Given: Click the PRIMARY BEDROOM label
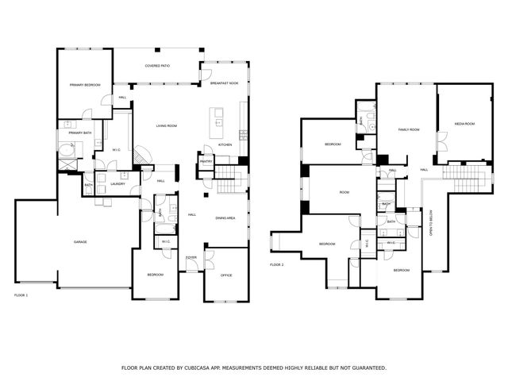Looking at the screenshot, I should point(83,85).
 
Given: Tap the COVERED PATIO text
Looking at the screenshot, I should point(156,66).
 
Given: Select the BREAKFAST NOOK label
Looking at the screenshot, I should point(225,83).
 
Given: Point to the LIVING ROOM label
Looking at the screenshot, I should point(166,126).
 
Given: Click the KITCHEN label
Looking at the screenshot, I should point(225,144).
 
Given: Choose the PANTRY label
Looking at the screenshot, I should point(206,161).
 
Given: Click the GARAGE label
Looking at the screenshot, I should point(80,241).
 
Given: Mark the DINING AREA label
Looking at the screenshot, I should point(225,217).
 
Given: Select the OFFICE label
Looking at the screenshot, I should point(225,275).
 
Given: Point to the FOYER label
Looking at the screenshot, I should point(191,257).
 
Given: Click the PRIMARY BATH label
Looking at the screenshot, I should point(80,133).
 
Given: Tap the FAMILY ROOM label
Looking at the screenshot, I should point(408,129).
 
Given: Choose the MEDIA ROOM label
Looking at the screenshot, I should point(464,124).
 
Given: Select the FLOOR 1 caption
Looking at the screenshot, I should point(21,295).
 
